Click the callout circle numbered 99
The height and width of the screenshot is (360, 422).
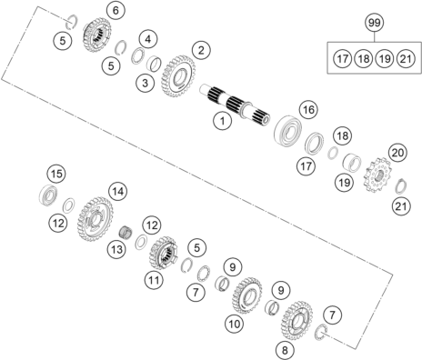point(375,23)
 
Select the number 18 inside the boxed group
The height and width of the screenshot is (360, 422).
point(364,58)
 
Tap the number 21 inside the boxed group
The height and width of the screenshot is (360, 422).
point(406,58)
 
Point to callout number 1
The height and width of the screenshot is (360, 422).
point(222,121)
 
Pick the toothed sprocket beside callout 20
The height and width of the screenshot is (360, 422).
point(377,175)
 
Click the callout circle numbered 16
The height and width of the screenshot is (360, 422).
point(308,109)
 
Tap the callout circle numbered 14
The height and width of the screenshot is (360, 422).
point(118,192)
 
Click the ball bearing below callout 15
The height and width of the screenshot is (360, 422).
point(48,195)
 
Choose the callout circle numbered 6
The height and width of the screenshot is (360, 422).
point(116,11)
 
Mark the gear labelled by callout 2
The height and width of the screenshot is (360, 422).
point(178,76)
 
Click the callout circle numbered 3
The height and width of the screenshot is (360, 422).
point(146,83)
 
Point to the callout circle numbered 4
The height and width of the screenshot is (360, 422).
point(148,39)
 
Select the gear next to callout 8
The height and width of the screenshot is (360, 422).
point(296,321)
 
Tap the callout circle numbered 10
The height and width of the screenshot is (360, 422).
point(235,325)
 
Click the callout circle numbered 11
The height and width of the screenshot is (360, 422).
point(154,280)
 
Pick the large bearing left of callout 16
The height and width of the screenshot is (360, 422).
point(287,129)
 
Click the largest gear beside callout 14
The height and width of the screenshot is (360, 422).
point(95,219)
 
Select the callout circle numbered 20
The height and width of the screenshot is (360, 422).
point(398,153)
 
